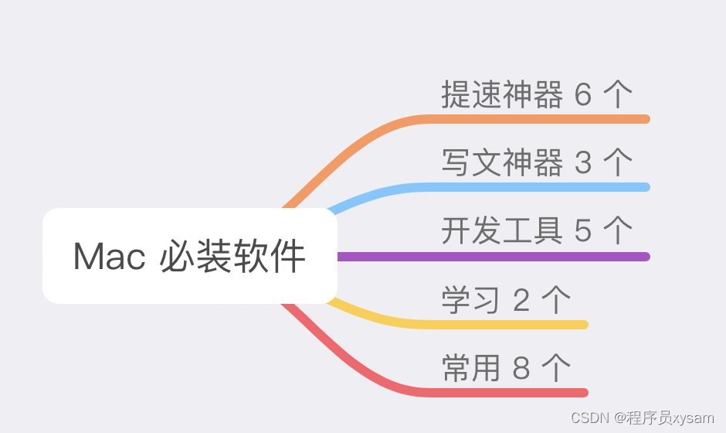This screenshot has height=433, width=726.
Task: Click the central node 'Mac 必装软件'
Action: [189, 256]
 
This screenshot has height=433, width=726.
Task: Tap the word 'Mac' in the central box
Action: [109, 257]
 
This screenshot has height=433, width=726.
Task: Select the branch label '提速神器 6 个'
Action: [537, 94]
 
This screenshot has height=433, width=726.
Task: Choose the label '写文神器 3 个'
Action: [537, 162]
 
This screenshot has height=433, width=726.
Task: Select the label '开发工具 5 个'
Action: [537, 230]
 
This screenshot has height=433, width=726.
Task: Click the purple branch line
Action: [494, 256]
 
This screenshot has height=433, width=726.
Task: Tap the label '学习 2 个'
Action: [506, 300]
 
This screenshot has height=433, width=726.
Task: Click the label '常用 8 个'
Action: [506, 368]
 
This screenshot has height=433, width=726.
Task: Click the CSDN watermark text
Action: [643, 418]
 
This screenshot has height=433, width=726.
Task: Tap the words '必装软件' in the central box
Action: [232, 257]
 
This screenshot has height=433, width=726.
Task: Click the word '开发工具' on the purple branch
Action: [501, 230]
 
